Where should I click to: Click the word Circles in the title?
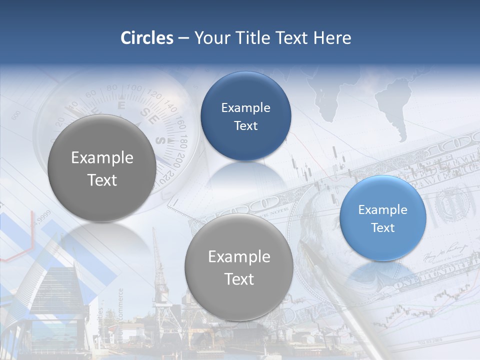coord(147,38)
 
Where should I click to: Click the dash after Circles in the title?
coord(183,38)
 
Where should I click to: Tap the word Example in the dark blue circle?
coord(245,107)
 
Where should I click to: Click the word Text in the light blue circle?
coord(382,228)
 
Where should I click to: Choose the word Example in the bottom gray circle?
coord(239,256)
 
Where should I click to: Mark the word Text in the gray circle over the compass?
coord(102,180)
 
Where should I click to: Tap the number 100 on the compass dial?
coord(134,89)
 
